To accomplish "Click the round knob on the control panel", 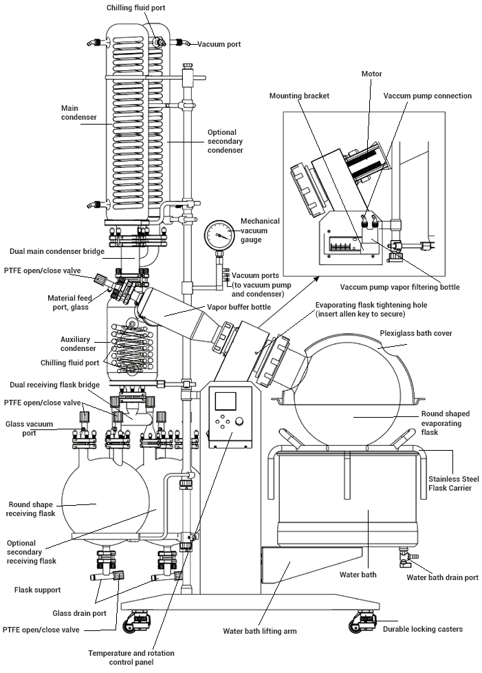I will pos(240,421).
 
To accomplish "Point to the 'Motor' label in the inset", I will pos(371,74).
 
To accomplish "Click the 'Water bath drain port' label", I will pos(442,577).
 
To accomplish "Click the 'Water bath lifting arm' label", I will pos(260,630).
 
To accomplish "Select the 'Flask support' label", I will pos(37,590).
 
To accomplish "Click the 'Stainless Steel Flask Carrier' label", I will pos(454,483).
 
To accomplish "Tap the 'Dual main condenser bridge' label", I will pos(58,251).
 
